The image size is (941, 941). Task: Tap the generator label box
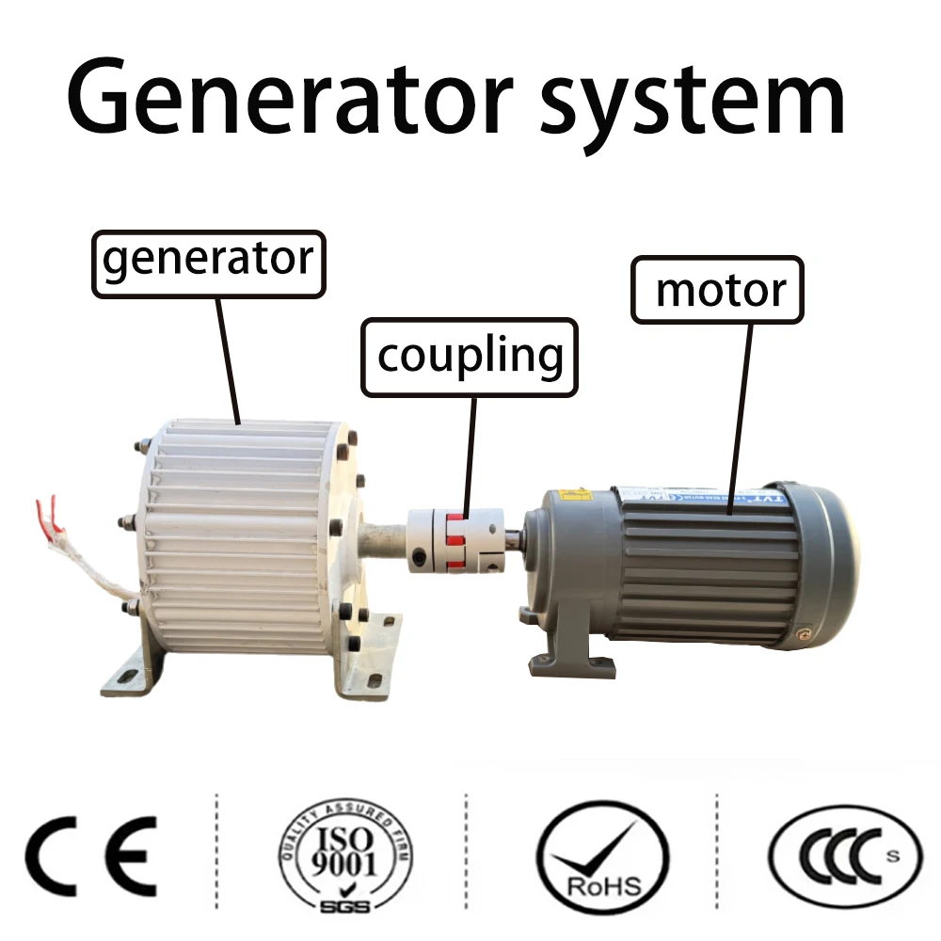pyautogui.click(x=208, y=261)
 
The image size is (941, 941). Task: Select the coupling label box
pyautogui.click(x=469, y=357)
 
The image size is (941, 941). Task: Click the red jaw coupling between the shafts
pyautogui.click(x=457, y=541)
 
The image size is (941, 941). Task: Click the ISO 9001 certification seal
pyautogui.click(x=343, y=854)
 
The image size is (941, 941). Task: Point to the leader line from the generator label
pyautogui.click(x=229, y=358)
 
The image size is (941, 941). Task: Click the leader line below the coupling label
pyautogui.click(x=468, y=452)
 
